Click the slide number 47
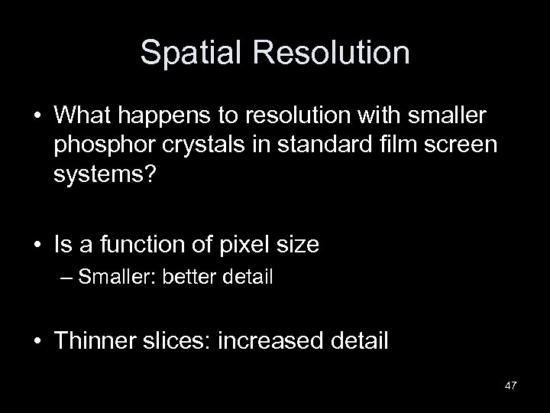pyautogui.click(x=510, y=384)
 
